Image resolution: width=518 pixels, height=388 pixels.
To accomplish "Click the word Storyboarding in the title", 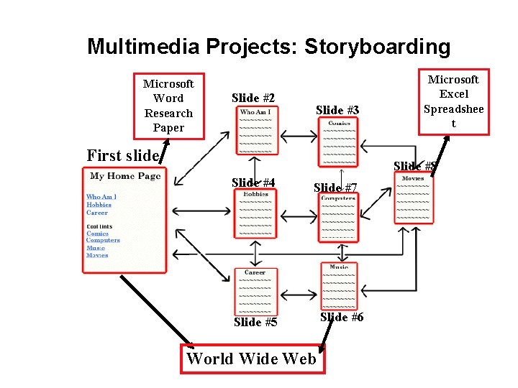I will tap(378, 47).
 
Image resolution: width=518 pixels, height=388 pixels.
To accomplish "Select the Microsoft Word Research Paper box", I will tap(169, 106).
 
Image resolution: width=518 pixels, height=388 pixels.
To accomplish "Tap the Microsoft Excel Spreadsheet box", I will tap(453, 101).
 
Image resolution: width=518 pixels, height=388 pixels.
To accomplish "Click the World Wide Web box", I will tap(251, 358).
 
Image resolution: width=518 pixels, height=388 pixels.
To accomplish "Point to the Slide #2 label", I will tap(253, 98).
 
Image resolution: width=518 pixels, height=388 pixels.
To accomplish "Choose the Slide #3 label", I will tap(337, 110).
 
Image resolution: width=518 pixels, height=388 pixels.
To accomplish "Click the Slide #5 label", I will tap(255, 322).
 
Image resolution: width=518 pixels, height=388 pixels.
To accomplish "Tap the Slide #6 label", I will tap(341, 317).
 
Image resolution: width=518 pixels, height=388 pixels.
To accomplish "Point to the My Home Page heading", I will tap(125, 176).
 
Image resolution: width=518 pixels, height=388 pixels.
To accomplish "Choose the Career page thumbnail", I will tap(255, 291).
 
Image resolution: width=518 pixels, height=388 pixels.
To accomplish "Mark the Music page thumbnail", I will tap(339, 287).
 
